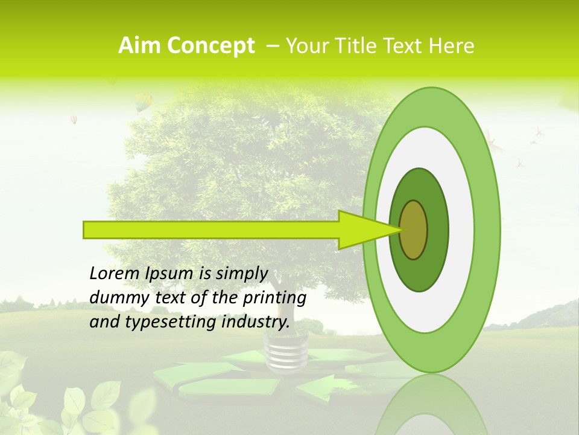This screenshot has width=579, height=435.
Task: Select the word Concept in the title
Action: click(x=210, y=46)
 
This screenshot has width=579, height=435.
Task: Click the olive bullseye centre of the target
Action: click(x=414, y=230)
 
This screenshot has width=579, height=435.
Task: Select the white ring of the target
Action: click(x=461, y=230)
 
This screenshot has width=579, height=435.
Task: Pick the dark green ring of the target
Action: click(x=437, y=230)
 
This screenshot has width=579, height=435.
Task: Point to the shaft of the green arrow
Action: click(x=211, y=230)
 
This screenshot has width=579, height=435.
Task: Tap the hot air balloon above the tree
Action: click(x=143, y=101)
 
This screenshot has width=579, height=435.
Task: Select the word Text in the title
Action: click(x=405, y=45)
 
